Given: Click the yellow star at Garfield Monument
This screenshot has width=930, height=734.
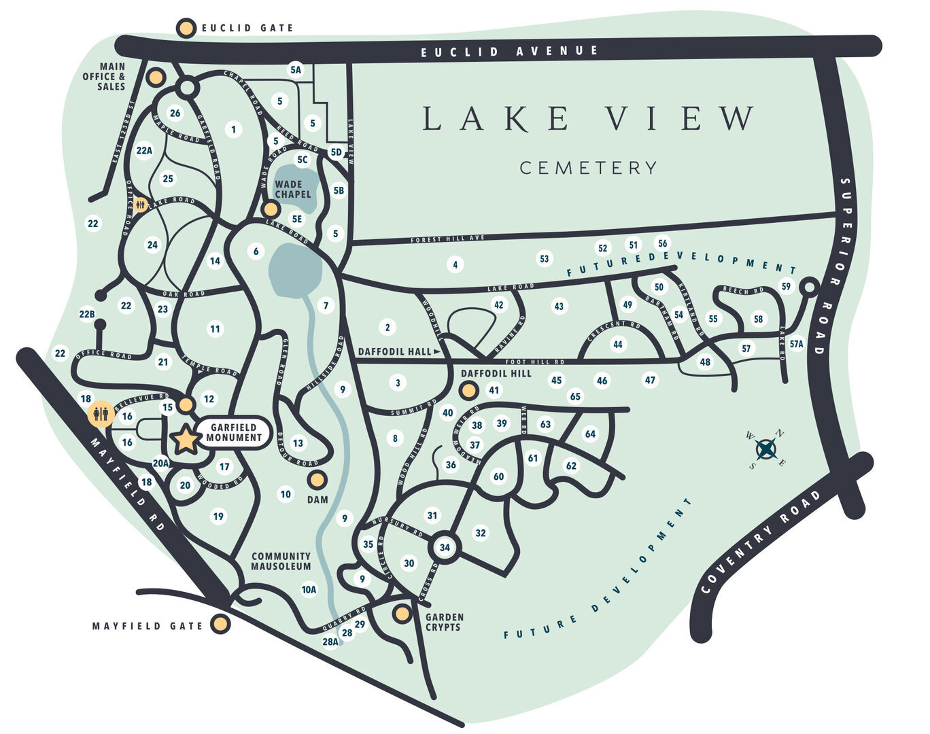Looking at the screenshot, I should click(186, 440).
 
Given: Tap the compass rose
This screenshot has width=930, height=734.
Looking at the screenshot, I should click(766, 449).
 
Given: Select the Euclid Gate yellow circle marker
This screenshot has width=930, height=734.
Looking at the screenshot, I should click(186, 28).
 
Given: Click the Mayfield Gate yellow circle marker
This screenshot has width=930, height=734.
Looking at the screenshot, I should click(220, 624).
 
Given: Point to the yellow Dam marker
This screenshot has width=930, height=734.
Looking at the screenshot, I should click(317, 480).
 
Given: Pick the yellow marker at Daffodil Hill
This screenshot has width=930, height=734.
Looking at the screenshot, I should click(468, 390).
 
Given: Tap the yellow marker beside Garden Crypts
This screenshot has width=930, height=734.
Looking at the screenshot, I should click(402, 614).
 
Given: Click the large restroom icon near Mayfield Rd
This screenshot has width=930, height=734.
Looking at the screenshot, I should click(101, 413).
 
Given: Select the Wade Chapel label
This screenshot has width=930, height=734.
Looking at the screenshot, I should click(292, 189).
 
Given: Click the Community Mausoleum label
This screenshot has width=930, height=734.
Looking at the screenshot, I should click(281, 561).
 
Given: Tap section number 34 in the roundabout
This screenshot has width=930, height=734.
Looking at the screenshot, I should click(445, 547).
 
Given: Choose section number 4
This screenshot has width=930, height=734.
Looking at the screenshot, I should click(455, 264).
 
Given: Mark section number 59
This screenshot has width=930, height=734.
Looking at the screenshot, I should click(786, 286).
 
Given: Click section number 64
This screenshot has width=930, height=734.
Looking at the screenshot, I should click(589, 434).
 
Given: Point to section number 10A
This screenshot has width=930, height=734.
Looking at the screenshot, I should click(309, 589).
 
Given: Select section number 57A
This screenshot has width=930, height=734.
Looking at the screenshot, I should click(796, 345).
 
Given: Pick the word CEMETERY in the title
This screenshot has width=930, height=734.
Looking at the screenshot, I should click(588, 168).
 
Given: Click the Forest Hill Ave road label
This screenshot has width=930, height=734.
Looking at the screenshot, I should click(447, 239).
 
